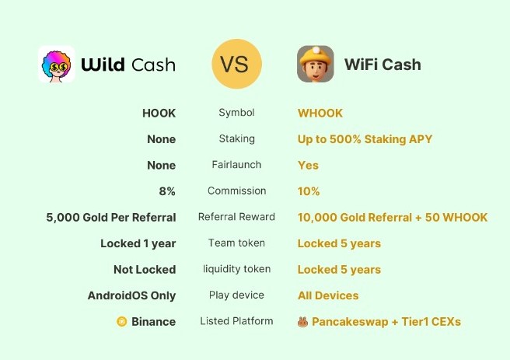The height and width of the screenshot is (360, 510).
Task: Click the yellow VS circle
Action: (x=236, y=64)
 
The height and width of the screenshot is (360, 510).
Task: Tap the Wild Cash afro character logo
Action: (x=56, y=64)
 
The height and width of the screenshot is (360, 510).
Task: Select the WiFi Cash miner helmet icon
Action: (x=315, y=64)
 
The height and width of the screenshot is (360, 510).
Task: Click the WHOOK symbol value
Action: (x=320, y=114)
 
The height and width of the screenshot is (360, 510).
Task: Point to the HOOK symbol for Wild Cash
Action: (x=159, y=114)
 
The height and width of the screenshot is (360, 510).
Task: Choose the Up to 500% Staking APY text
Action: (x=365, y=139)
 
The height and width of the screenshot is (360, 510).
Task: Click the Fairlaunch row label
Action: (x=236, y=165)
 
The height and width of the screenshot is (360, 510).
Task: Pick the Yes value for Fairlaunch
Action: (x=308, y=165)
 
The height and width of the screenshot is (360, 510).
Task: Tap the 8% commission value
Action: (x=167, y=191)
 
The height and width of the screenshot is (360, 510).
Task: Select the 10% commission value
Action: (x=309, y=191)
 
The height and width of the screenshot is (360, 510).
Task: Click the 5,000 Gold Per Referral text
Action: (x=111, y=217)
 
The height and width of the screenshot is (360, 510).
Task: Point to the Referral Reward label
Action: (x=236, y=217)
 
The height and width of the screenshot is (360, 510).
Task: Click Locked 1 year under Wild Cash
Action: (x=138, y=243)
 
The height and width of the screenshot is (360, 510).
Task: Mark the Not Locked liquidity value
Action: (x=145, y=269)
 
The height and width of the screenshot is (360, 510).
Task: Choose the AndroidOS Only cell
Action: (x=131, y=295)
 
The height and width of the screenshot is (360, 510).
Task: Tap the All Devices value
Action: (x=328, y=295)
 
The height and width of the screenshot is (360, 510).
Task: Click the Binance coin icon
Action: (x=121, y=321)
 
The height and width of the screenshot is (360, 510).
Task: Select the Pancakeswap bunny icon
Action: (x=303, y=322)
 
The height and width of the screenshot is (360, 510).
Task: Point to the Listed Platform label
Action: (x=236, y=321)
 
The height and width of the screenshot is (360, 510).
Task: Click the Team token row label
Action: (x=236, y=243)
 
